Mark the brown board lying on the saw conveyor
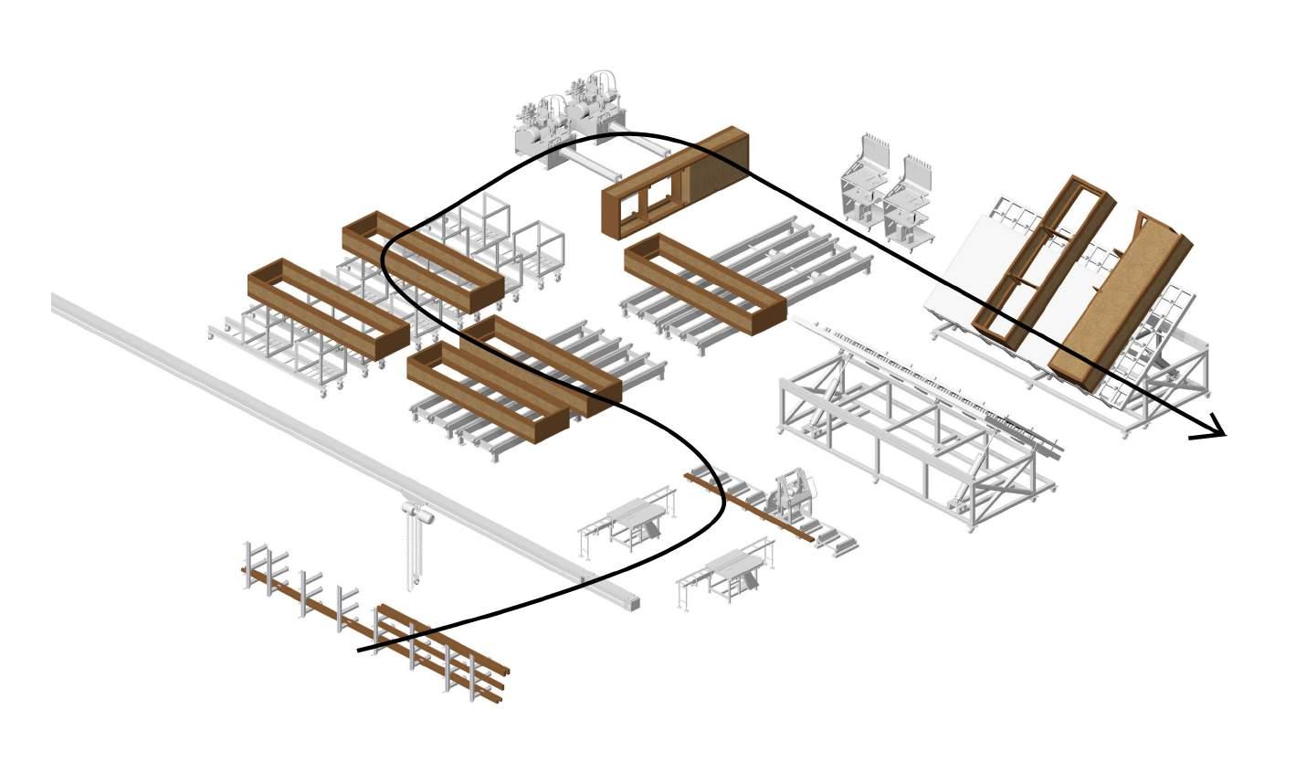point(749,508)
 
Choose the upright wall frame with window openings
point(674,184)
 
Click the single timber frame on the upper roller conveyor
point(704,283)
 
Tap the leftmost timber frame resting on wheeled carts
point(328,308)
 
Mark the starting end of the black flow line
point(359,651)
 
